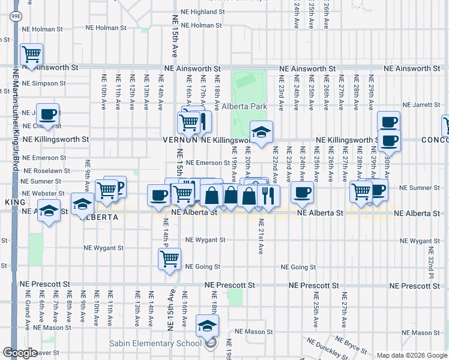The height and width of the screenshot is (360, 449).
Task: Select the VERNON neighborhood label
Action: (180, 139)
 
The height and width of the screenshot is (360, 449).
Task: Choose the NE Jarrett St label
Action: (423, 104)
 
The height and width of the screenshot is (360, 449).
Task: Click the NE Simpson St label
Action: (44, 83)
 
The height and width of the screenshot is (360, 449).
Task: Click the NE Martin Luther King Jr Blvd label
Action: (15, 120)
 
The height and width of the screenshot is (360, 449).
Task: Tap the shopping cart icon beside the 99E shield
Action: (31, 55)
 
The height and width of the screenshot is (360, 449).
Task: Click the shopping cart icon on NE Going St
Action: (169, 259)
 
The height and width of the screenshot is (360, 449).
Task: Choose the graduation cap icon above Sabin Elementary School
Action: (207, 326)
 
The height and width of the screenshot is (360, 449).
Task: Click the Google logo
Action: (20, 353)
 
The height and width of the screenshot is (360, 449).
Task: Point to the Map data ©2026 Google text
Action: (411, 355)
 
